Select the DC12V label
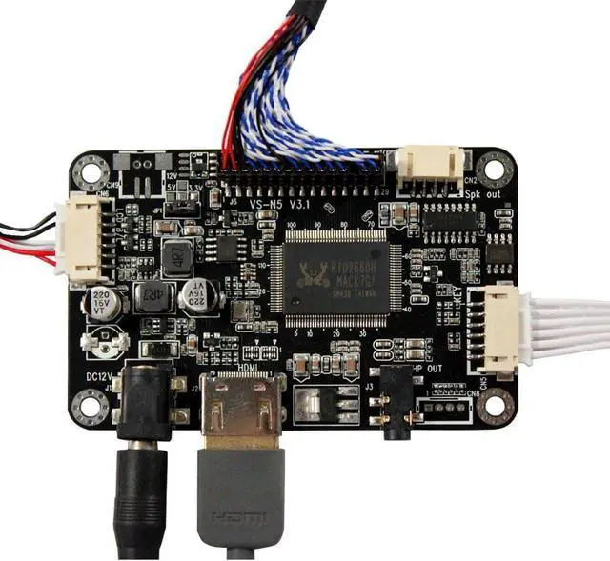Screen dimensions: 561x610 99,377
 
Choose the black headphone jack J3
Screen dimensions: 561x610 394,406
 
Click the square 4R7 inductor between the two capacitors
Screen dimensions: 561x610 151,296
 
